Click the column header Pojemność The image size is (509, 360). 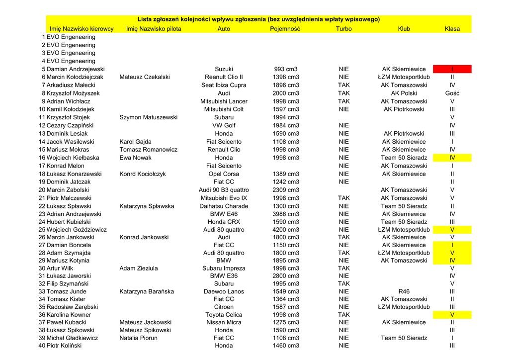click(x=285, y=29)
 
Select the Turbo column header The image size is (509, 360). click(x=343, y=29)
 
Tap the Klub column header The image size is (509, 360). click(x=404, y=29)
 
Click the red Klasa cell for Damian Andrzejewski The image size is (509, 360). click(x=452, y=69)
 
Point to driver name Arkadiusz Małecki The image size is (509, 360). click(x=71, y=85)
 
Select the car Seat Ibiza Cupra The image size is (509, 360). click(x=224, y=85)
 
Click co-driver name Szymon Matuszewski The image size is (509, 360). click(x=148, y=117)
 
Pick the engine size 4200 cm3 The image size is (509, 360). click(x=286, y=230)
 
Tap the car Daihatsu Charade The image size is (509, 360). click(x=224, y=206)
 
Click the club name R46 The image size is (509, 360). click(x=404, y=291)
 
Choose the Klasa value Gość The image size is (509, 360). click(x=452, y=93)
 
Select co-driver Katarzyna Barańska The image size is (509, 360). click(x=147, y=291)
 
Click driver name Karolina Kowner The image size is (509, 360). click(x=69, y=315)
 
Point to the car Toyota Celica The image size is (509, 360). click(x=224, y=315)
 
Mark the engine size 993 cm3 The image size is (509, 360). click(x=286, y=69)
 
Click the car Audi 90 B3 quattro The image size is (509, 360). click(x=224, y=190)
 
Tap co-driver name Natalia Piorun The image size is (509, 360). click(x=138, y=338)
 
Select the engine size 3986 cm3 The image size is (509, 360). click(x=286, y=214)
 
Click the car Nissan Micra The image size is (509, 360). click(x=224, y=322)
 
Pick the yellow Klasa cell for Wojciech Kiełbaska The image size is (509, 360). click(x=452, y=158)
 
